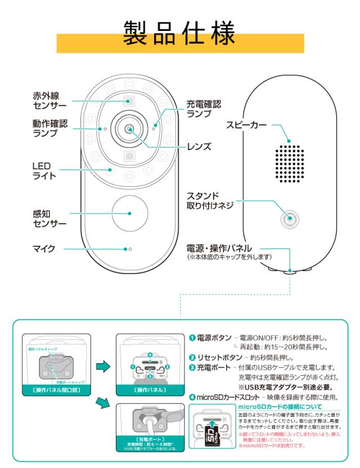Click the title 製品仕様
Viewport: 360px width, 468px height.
point(179,35)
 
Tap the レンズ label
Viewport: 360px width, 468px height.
point(199,147)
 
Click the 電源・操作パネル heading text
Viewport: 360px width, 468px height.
point(223,248)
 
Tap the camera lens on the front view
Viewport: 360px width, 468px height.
point(130,129)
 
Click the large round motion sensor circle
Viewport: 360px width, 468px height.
point(129,214)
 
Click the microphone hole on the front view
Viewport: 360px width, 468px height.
point(130,249)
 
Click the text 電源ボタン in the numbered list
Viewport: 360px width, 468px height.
point(214,339)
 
